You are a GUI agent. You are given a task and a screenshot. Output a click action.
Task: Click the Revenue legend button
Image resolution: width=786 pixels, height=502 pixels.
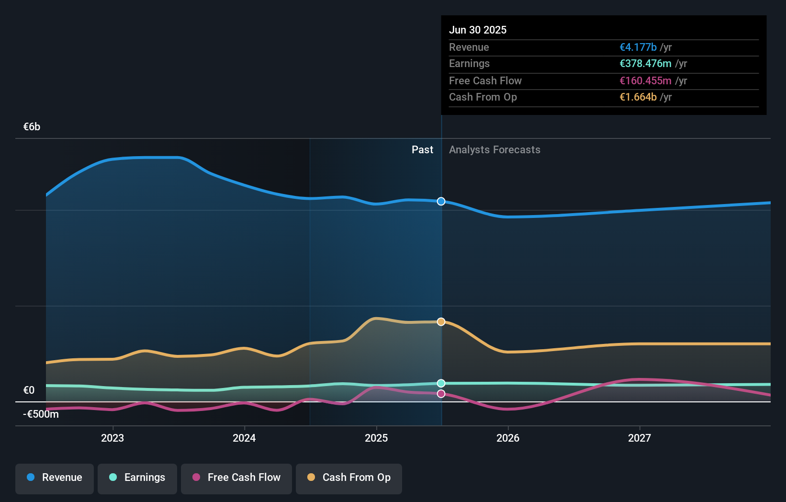pyautogui.click(x=55, y=478)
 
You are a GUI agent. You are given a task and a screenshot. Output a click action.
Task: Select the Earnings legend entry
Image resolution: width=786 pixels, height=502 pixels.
pyautogui.click(x=137, y=478)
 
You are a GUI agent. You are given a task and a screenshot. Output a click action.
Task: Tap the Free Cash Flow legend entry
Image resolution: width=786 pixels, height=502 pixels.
pyautogui.click(x=236, y=478)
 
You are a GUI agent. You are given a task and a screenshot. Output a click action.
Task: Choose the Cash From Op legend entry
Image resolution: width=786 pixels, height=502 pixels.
pyautogui.click(x=349, y=478)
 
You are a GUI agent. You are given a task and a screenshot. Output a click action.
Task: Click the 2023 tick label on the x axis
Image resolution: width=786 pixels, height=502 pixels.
pyautogui.click(x=112, y=438)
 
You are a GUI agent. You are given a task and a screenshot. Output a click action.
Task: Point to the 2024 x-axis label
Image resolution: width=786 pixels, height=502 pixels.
pyautogui.click(x=244, y=438)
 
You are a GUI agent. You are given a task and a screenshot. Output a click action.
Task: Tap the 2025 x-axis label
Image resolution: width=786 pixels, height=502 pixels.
pyautogui.click(x=376, y=438)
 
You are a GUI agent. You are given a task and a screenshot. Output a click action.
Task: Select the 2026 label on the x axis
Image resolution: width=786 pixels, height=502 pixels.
pyautogui.click(x=508, y=438)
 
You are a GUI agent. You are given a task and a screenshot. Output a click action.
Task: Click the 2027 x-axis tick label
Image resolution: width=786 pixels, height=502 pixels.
pyautogui.click(x=640, y=438)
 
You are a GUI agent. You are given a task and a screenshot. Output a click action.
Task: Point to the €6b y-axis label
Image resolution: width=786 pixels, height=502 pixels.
pyautogui.click(x=32, y=127)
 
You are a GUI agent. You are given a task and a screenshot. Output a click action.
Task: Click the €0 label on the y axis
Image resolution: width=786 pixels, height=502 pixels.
pyautogui.click(x=29, y=390)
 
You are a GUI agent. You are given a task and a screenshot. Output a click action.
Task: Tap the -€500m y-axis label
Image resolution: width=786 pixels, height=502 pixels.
pyautogui.click(x=41, y=414)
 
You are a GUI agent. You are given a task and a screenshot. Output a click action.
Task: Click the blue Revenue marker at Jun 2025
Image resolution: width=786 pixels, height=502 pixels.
pyautogui.click(x=441, y=201)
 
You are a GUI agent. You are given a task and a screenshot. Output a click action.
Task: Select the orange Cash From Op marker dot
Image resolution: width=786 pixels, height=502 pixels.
pyautogui.click(x=441, y=321)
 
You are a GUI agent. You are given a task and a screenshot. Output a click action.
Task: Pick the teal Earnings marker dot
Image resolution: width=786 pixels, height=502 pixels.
pyautogui.click(x=441, y=383)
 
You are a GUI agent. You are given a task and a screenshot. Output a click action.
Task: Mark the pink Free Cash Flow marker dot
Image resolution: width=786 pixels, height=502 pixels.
pyautogui.click(x=441, y=394)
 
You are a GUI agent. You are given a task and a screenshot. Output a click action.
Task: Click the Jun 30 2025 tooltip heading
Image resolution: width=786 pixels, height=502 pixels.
pyautogui.click(x=477, y=30)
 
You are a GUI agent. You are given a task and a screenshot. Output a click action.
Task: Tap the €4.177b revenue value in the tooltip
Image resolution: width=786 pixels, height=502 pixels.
pyautogui.click(x=638, y=47)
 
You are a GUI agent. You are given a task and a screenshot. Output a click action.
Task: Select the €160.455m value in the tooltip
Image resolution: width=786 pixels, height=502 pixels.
pyautogui.click(x=645, y=80)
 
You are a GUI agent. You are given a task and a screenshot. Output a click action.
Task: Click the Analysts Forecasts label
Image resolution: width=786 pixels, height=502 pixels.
pyautogui.click(x=494, y=149)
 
